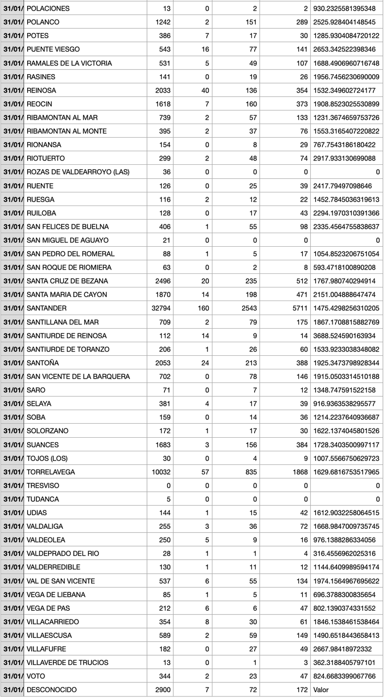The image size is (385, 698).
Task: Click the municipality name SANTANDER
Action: (47, 308)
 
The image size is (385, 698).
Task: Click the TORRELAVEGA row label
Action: (51, 472)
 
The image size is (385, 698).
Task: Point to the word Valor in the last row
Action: (322, 690)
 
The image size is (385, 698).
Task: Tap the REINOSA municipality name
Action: (41, 91)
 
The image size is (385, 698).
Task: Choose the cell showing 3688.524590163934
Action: (346, 336)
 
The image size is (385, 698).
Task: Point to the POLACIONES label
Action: (48, 9)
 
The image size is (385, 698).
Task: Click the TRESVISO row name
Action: (43, 486)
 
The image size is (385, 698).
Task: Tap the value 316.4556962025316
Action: (346, 554)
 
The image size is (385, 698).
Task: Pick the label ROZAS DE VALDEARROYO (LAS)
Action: (78, 172)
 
